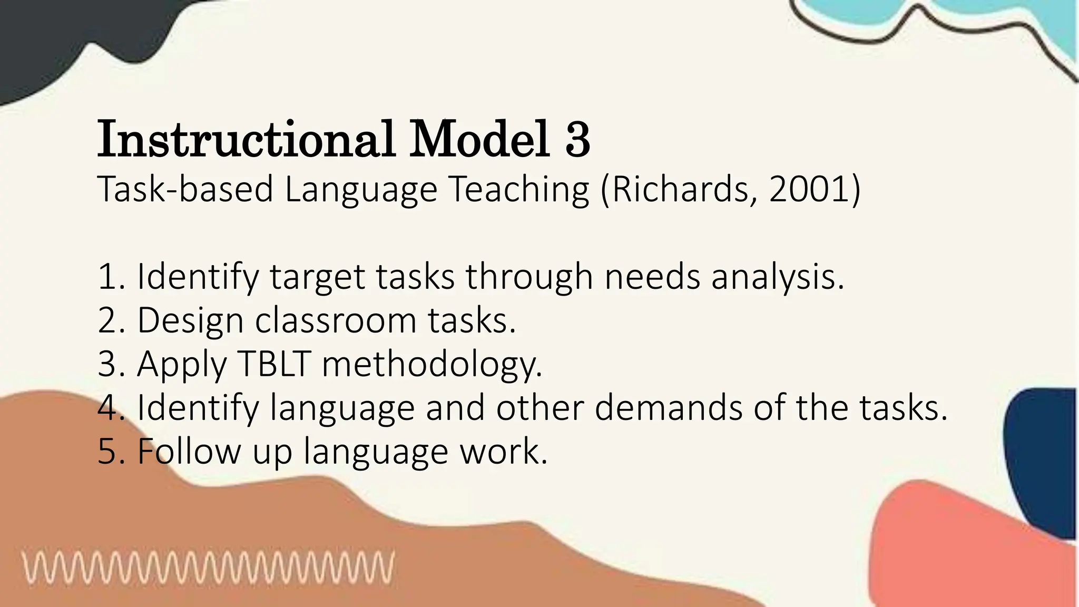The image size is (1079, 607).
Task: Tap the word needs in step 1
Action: (x=652, y=277)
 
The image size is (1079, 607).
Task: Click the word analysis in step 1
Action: (x=777, y=277)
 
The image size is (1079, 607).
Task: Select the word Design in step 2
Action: (x=190, y=320)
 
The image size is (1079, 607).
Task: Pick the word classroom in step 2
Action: (x=336, y=320)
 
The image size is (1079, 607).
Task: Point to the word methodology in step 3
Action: (x=431, y=365)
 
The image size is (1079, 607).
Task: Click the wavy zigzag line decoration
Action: (x=208, y=567)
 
